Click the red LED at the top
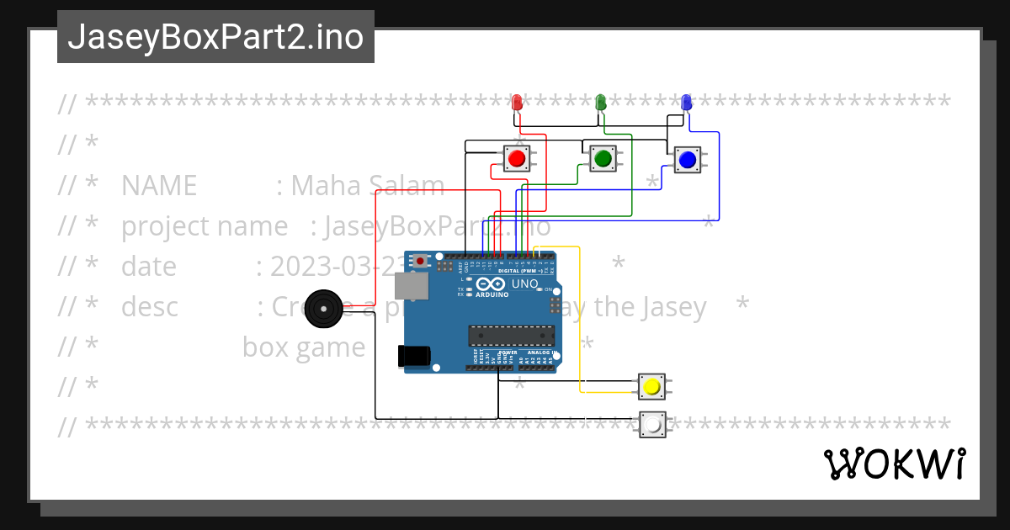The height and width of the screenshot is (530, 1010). [518, 103]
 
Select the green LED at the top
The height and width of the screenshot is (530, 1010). [601, 103]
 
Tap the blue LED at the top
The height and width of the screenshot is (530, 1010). [686, 103]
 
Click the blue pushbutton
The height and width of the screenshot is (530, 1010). [687, 159]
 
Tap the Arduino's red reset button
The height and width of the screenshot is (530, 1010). [419, 262]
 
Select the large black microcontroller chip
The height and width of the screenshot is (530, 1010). [511, 336]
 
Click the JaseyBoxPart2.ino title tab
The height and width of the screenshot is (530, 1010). [215, 37]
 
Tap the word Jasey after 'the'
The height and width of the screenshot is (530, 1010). [667, 307]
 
